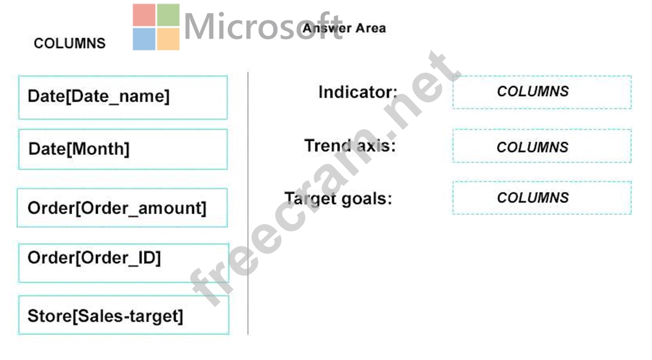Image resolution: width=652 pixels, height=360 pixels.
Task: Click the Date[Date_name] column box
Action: (123, 97)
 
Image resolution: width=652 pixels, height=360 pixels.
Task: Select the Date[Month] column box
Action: (123, 149)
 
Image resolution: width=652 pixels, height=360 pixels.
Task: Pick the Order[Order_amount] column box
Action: (122, 208)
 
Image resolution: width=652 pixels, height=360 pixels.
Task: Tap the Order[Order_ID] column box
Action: (124, 263)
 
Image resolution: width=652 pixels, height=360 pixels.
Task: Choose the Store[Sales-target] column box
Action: (124, 315)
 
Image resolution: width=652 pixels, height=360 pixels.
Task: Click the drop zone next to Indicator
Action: (542, 92)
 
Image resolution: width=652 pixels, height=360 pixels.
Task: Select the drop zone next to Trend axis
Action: (542, 146)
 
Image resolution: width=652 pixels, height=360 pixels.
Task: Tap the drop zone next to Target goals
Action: (542, 198)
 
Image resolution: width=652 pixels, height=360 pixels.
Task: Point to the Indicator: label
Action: (358, 92)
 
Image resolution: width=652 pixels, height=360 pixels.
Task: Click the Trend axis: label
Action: (350, 145)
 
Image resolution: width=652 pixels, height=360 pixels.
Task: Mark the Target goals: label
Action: (338, 198)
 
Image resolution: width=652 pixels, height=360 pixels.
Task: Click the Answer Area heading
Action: (344, 28)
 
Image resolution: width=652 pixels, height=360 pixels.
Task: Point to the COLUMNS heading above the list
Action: (69, 43)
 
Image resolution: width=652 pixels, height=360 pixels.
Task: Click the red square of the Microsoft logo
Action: (144, 15)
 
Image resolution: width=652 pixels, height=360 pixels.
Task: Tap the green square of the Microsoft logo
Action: (168, 15)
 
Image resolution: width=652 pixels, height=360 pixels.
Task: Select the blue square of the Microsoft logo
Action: (144, 39)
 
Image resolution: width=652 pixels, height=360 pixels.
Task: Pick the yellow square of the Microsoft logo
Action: (168, 39)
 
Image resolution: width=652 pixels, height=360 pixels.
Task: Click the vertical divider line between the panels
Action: (248, 203)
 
